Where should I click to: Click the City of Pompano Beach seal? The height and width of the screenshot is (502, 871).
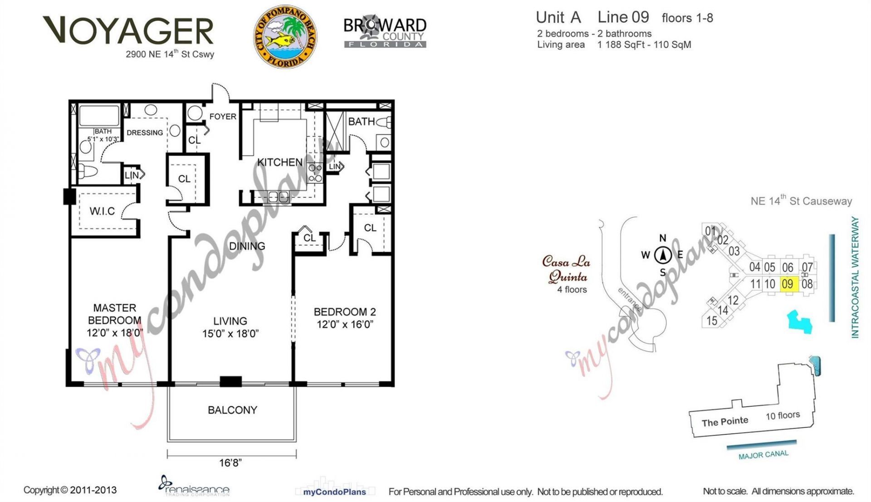click(x=285, y=37)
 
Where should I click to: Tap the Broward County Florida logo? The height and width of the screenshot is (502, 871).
click(x=385, y=32)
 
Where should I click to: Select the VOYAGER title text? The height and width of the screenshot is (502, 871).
click(x=128, y=31)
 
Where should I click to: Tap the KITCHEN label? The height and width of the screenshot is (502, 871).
click(x=279, y=162)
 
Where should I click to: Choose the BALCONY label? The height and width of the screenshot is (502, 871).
click(x=232, y=410)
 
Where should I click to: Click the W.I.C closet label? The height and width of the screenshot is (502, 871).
click(x=102, y=211)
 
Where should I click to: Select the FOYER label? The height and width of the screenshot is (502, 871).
click(x=223, y=117)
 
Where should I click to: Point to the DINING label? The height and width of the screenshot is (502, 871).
click(x=247, y=246)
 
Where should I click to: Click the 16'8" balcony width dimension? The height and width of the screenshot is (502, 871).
click(x=230, y=463)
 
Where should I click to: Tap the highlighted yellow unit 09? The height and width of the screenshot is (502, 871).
click(x=788, y=284)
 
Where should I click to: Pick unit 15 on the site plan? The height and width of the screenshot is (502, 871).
click(x=712, y=321)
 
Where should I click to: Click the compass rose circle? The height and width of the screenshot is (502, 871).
click(x=663, y=255)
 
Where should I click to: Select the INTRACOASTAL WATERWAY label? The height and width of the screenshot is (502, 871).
click(x=855, y=278)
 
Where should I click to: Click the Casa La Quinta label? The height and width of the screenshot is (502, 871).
click(x=567, y=269)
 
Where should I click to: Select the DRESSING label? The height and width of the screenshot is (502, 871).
click(x=145, y=133)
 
